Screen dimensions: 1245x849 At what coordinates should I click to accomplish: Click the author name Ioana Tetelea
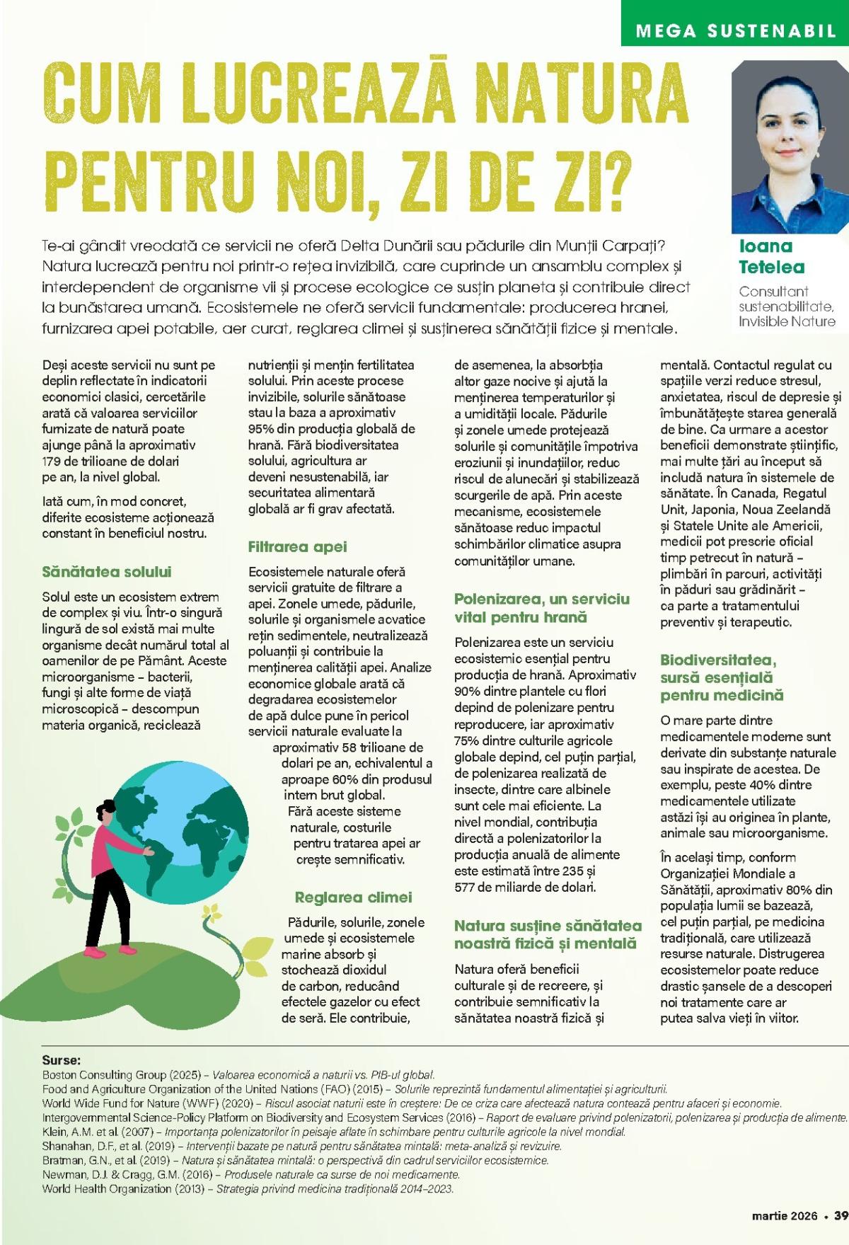tap(766, 256)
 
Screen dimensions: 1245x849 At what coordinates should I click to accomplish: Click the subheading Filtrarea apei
tap(297, 546)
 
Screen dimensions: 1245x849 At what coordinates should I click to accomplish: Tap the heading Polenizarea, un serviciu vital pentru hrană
tap(541, 608)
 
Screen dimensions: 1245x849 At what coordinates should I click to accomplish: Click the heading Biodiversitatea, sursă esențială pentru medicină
tap(722, 677)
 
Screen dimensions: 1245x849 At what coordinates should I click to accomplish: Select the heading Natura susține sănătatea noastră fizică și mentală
tap(548, 934)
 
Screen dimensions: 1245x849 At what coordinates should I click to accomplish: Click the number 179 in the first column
tap(52, 461)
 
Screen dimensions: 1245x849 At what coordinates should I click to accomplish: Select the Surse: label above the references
tap(62, 1060)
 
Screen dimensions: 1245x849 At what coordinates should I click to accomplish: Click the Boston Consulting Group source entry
tap(238, 1074)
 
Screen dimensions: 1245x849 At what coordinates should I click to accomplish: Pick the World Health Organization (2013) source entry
tap(248, 1188)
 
